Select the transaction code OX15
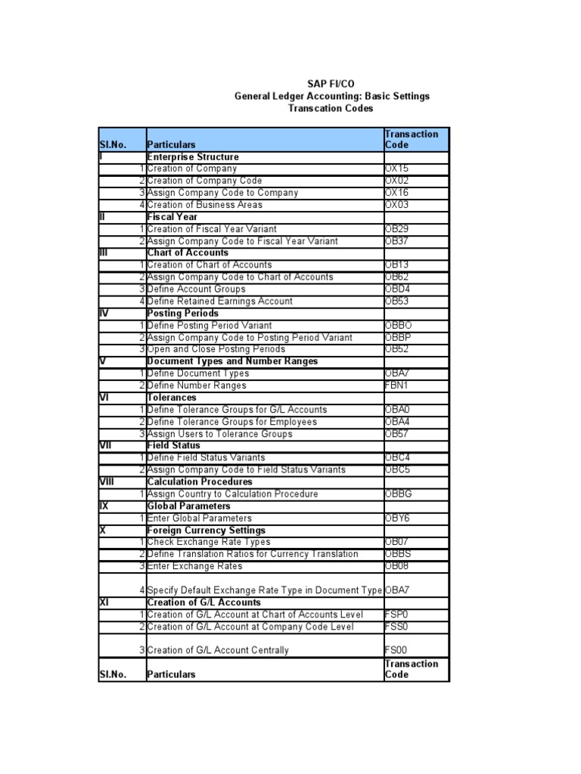click(x=396, y=169)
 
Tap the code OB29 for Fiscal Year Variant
click(x=396, y=229)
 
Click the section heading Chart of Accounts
click(x=188, y=252)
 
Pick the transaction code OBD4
click(x=398, y=289)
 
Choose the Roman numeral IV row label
click(x=106, y=313)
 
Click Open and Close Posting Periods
click(x=216, y=349)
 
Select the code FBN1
click(x=397, y=385)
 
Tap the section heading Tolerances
click(x=172, y=398)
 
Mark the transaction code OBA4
click(x=397, y=422)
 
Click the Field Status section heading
click(x=174, y=446)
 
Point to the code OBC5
click(x=398, y=470)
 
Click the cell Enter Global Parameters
click(x=199, y=519)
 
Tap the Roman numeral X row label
click(x=103, y=531)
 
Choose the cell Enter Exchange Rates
click(x=194, y=566)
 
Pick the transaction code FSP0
click(x=396, y=615)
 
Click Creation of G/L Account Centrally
click(x=218, y=650)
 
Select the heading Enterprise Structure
click(x=193, y=156)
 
